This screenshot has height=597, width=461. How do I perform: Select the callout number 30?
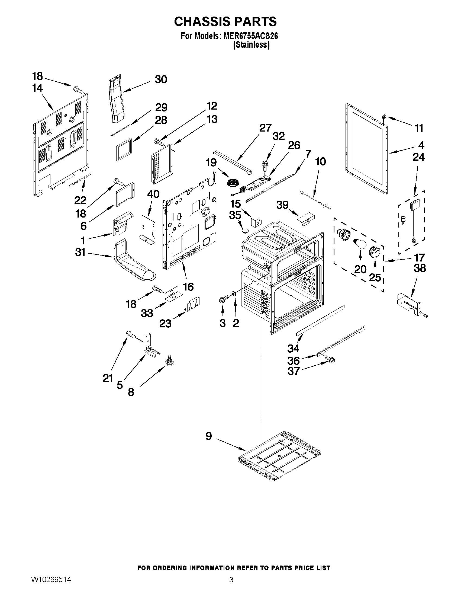(x=161, y=79)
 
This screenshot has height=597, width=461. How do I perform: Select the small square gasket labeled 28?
(x=124, y=150)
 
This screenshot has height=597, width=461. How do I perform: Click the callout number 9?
(x=209, y=436)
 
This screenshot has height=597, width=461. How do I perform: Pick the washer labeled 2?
(x=234, y=294)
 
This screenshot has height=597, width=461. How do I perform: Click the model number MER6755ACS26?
(x=250, y=36)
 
